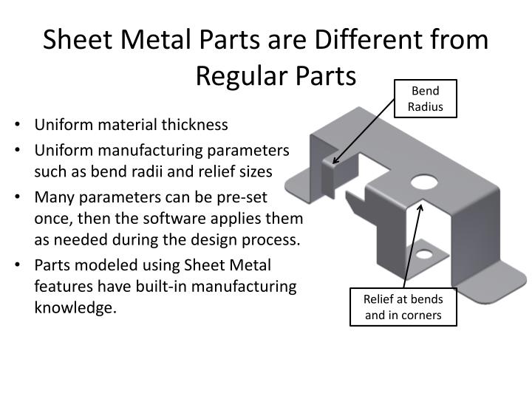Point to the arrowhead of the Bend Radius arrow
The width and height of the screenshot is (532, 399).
pos(335,160)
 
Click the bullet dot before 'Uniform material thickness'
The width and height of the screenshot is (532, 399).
pos(16,125)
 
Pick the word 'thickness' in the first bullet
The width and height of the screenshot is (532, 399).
pos(196,125)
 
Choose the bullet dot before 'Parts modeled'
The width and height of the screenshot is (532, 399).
pos(16,265)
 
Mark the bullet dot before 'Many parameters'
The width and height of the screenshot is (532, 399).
pos(16,197)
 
